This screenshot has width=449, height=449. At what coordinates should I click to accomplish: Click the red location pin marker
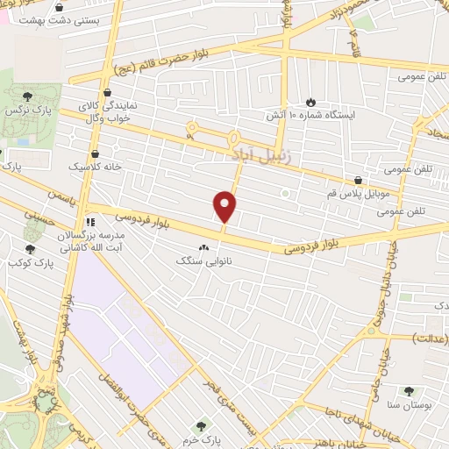[x=225, y=207]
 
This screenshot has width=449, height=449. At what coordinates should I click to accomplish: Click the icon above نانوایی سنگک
[x=204, y=248]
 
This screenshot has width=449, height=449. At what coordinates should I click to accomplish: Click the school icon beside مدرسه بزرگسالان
[x=90, y=221]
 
